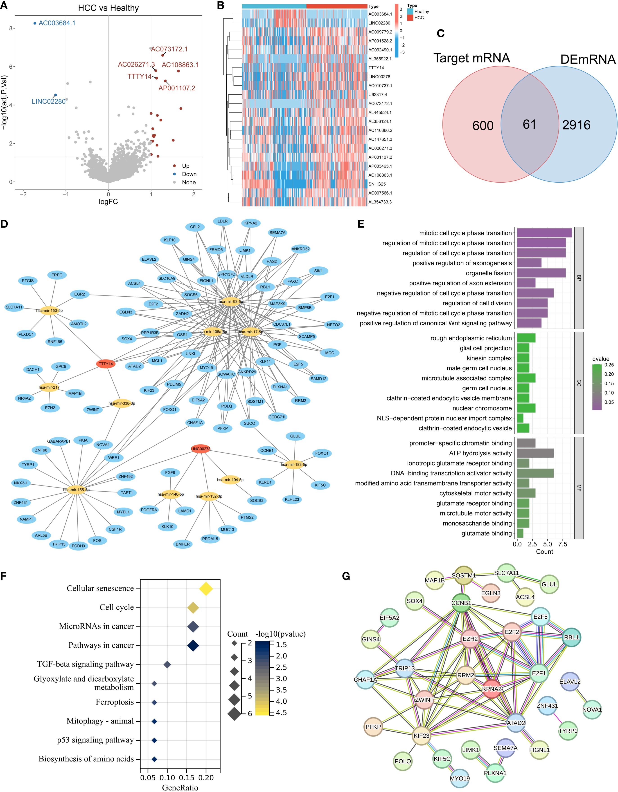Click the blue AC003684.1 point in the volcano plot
tap(35, 23)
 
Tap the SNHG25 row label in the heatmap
tap(377, 184)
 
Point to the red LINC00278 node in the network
tap(200, 449)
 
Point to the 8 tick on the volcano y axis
tap(11, 28)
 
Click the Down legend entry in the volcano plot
tap(189, 174)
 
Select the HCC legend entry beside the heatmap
tap(419, 18)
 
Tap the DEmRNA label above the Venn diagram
tap(588, 59)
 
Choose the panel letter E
tap(361, 224)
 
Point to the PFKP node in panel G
tap(373, 727)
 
